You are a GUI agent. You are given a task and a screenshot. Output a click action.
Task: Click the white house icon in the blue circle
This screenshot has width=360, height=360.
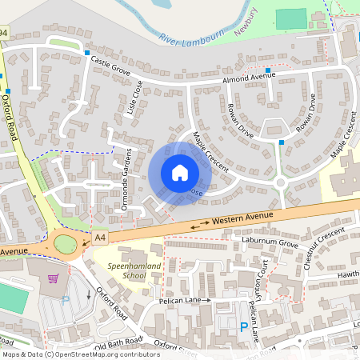pyautogui.click(x=180, y=173)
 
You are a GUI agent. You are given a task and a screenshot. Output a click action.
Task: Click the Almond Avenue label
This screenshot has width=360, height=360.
pyautogui.click(x=249, y=78)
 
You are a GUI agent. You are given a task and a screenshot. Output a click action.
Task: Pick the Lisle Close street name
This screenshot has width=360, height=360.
pyautogui.click(x=134, y=98)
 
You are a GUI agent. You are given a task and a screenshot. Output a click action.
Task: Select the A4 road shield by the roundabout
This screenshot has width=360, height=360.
pyautogui.click(x=99, y=237)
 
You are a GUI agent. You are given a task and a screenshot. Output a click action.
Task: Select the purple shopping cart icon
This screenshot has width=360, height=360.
pyautogui.click(x=54, y=279)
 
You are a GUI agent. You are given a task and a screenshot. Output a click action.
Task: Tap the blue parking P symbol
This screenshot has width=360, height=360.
pyautogui.click(x=243, y=326)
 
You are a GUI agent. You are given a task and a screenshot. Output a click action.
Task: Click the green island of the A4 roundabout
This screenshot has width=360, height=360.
pyautogui.click(x=65, y=242)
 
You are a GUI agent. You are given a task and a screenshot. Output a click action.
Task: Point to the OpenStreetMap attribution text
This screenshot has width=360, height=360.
pyautogui.click(x=80, y=354)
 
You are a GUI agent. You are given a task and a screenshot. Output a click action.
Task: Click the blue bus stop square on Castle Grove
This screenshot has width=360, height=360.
pyautogui.click(x=86, y=53)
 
